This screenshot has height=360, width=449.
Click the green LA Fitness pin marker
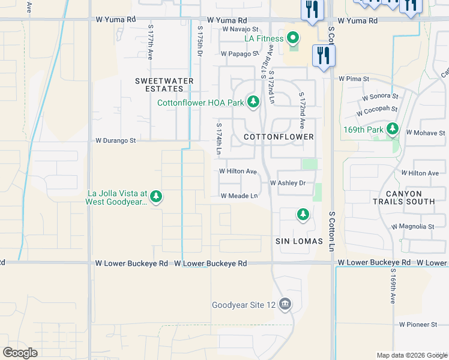(292, 38)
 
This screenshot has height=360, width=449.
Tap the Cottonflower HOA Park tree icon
(253, 102)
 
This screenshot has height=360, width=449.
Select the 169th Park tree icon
(393, 128)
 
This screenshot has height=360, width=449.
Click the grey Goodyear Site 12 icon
(285, 304)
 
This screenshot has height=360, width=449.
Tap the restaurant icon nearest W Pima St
(324, 56)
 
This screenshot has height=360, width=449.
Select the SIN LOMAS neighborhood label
(299, 241)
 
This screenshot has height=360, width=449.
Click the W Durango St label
(116, 140)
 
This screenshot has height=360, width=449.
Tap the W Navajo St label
(240, 29)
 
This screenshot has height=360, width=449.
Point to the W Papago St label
(240, 53)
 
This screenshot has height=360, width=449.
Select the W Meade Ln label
(239, 196)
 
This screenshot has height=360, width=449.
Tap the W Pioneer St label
(418, 325)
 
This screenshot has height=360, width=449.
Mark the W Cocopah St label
(376, 112)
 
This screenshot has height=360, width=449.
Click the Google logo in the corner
(20, 353)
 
